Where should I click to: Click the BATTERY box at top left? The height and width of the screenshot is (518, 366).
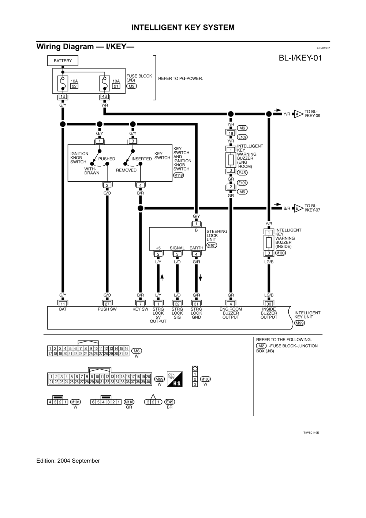[x=63, y=61]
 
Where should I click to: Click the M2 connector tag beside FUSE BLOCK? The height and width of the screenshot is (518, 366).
[x=131, y=86]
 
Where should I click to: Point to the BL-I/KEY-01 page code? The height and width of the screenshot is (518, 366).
[x=300, y=58]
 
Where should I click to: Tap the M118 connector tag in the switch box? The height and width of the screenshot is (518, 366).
[x=178, y=175]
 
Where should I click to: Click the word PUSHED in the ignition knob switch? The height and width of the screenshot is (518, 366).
[x=107, y=159]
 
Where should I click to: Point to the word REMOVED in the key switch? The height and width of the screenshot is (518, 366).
[x=126, y=170]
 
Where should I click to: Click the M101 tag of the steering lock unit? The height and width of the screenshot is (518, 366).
[x=212, y=245]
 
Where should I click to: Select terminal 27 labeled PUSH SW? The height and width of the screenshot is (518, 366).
[x=107, y=304]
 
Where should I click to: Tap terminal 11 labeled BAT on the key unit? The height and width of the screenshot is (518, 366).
[x=63, y=304]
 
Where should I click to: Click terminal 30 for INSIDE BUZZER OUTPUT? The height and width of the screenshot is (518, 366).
[x=269, y=304]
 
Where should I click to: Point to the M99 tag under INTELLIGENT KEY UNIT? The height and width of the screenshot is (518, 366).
[x=299, y=323]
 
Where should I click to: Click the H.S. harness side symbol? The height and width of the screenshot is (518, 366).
[x=175, y=379]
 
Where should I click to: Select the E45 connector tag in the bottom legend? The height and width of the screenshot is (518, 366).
[x=170, y=402]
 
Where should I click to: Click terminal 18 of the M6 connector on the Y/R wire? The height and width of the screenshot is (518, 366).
[x=231, y=133]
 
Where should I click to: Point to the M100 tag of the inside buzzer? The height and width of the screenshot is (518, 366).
[x=280, y=253]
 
